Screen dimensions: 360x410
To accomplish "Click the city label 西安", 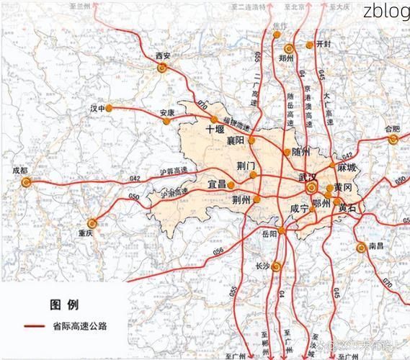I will point(162,55).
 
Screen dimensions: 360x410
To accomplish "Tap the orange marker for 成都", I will point(26,183).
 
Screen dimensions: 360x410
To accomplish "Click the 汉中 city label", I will point(98,108).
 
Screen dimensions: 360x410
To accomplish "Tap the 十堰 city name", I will point(215,130).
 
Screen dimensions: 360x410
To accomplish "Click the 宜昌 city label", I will point(217,185).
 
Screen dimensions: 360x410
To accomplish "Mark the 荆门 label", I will point(246,166).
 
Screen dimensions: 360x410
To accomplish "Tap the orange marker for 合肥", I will point(393,140).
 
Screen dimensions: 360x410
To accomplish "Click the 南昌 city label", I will point(375,246).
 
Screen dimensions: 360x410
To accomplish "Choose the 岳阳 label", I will point(269,234).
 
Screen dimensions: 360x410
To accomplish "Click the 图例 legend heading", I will point(64,304).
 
